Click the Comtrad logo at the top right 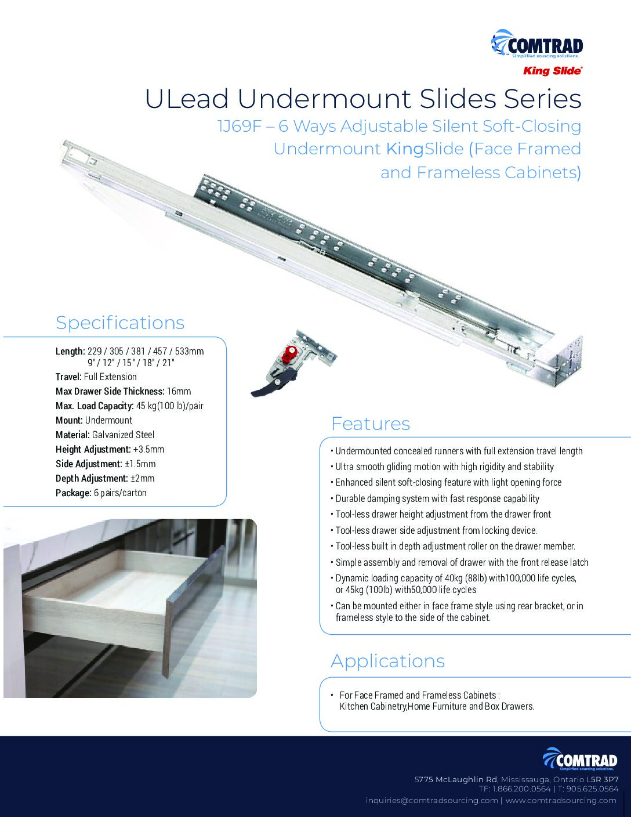(x=537, y=45)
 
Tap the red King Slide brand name (x=552, y=71)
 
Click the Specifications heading (x=120, y=323)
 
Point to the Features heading (x=370, y=424)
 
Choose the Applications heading (x=387, y=661)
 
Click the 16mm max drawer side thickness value (x=179, y=391)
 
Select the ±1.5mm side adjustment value (x=140, y=464)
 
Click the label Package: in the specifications (x=74, y=493)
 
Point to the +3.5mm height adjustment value (x=148, y=449)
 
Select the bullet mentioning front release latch (x=462, y=562)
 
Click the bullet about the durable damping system (x=437, y=498)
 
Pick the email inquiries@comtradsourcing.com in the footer (x=431, y=800)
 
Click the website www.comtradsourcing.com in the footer (x=561, y=800)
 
